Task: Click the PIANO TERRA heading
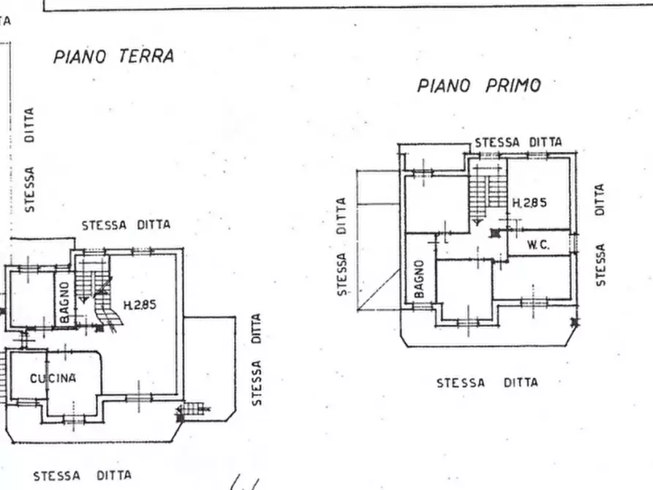click(x=113, y=57)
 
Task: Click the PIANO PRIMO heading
click(x=479, y=86)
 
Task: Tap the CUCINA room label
click(x=53, y=378)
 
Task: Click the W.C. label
click(x=537, y=246)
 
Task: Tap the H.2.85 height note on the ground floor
click(x=139, y=306)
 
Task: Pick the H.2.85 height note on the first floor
click(x=529, y=203)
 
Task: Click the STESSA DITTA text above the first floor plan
click(x=518, y=142)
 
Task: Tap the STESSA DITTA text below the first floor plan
click(x=487, y=382)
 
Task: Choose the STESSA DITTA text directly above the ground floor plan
click(x=126, y=225)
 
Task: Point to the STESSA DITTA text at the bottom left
click(x=82, y=476)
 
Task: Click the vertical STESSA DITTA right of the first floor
click(x=600, y=234)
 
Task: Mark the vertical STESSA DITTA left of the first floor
click(x=341, y=246)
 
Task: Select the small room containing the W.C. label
click(x=540, y=244)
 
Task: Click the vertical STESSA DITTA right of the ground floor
click(x=256, y=359)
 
